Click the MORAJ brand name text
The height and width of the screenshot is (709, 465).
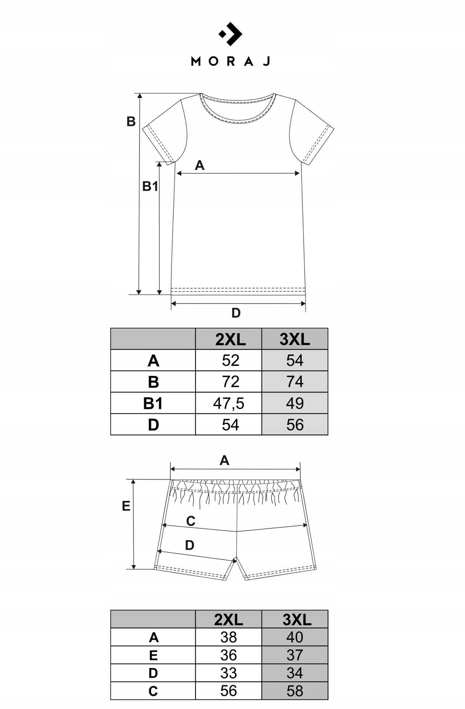(x=231, y=62)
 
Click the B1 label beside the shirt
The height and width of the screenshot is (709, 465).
(x=150, y=186)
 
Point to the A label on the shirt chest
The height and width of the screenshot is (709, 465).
(x=199, y=166)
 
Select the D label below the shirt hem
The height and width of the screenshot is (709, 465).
(x=236, y=313)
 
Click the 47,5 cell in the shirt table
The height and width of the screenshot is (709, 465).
(x=229, y=403)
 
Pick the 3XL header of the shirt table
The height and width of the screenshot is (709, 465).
(x=295, y=339)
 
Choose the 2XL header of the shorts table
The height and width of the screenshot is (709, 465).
(x=229, y=620)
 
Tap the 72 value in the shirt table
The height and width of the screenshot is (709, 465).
(x=230, y=382)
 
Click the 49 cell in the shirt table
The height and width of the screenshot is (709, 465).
(x=295, y=403)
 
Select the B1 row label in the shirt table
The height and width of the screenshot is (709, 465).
(x=153, y=403)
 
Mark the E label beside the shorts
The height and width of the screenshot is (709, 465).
(x=126, y=506)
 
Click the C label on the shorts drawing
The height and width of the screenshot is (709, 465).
(x=191, y=521)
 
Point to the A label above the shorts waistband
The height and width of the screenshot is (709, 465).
(x=225, y=461)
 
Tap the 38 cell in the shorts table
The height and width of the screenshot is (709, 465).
(x=229, y=637)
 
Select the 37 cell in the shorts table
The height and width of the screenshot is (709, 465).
(x=295, y=655)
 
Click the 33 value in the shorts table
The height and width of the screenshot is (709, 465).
(x=229, y=673)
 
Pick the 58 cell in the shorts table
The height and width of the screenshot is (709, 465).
(x=295, y=691)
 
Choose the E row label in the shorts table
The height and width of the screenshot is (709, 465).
(x=153, y=655)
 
